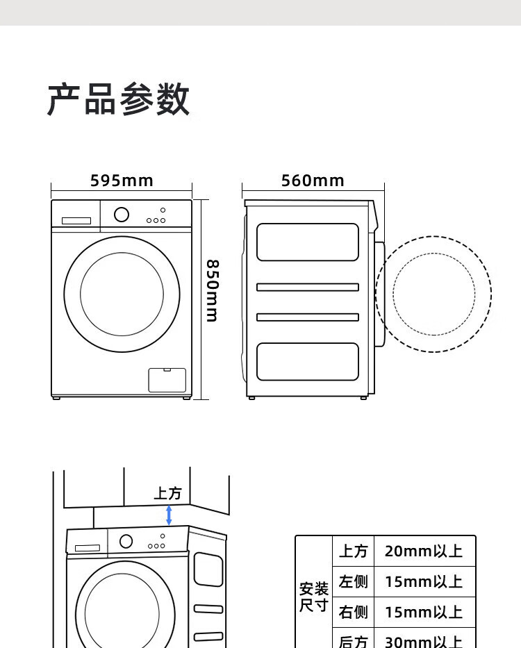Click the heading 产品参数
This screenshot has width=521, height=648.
(x=118, y=99)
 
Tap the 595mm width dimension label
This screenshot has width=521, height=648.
(x=122, y=181)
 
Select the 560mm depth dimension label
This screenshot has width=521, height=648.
(x=313, y=181)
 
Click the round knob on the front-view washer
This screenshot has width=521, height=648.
(x=122, y=215)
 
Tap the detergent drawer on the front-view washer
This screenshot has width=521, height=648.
(x=76, y=221)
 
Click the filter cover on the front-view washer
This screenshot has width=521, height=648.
(x=167, y=380)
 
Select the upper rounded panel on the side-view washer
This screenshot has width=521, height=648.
(x=308, y=242)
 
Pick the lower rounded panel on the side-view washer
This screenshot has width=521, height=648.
(x=308, y=361)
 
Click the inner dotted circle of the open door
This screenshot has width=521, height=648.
(x=434, y=294)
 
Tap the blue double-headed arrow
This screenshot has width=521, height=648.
(x=169, y=515)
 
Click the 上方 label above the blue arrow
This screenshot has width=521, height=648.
(x=167, y=493)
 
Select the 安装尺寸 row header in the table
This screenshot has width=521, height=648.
(x=313, y=597)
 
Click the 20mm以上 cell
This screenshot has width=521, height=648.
(x=424, y=551)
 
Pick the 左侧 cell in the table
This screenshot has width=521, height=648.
(x=353, y=581)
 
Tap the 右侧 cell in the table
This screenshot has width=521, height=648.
(x=353, y=612)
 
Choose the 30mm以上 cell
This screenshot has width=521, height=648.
(x=424, y=640)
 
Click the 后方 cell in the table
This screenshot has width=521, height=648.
(x=353, y=640)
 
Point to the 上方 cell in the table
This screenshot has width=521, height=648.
(x=353, y=551)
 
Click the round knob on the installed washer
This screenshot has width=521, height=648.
(x=126, y=541)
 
